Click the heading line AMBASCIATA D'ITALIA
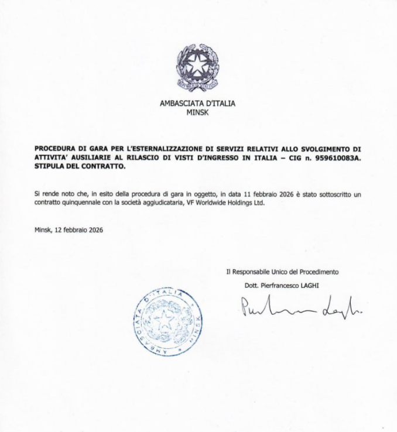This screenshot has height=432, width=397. pyautogui.click(x=197, y=104)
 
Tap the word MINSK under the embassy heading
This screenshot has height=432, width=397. pyautogui.click(x=197, y=111)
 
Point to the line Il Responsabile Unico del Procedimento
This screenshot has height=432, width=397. pyautogui.click(x=282, y=272)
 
